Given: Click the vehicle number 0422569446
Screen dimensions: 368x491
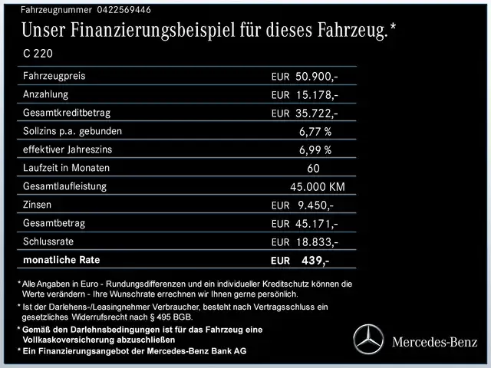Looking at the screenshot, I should pyautogui.click(x=114, y=9).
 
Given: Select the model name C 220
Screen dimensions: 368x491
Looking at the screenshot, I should pyautogui.click(x=38, y=54).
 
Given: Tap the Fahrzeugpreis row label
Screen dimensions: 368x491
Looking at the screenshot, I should pyautogui.click(x=54, y=76).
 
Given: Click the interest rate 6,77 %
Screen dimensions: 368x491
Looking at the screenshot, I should pyautogui.click(x=315, y=132).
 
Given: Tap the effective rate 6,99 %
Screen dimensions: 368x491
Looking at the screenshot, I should pyautogui.click(x=315, y=150).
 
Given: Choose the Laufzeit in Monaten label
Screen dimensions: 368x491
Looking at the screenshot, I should pyautogui.click(x=66, y=168).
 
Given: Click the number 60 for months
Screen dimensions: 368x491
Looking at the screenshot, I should pyautogui.click(x=313, y=169).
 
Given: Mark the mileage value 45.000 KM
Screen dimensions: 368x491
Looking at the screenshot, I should pyautogui.click(x=317, y=187).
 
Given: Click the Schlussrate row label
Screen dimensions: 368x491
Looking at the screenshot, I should pyautogui.click(x=50, y=242).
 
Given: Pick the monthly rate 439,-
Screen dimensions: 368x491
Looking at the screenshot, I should pyautogui.click(x=315, y=261).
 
